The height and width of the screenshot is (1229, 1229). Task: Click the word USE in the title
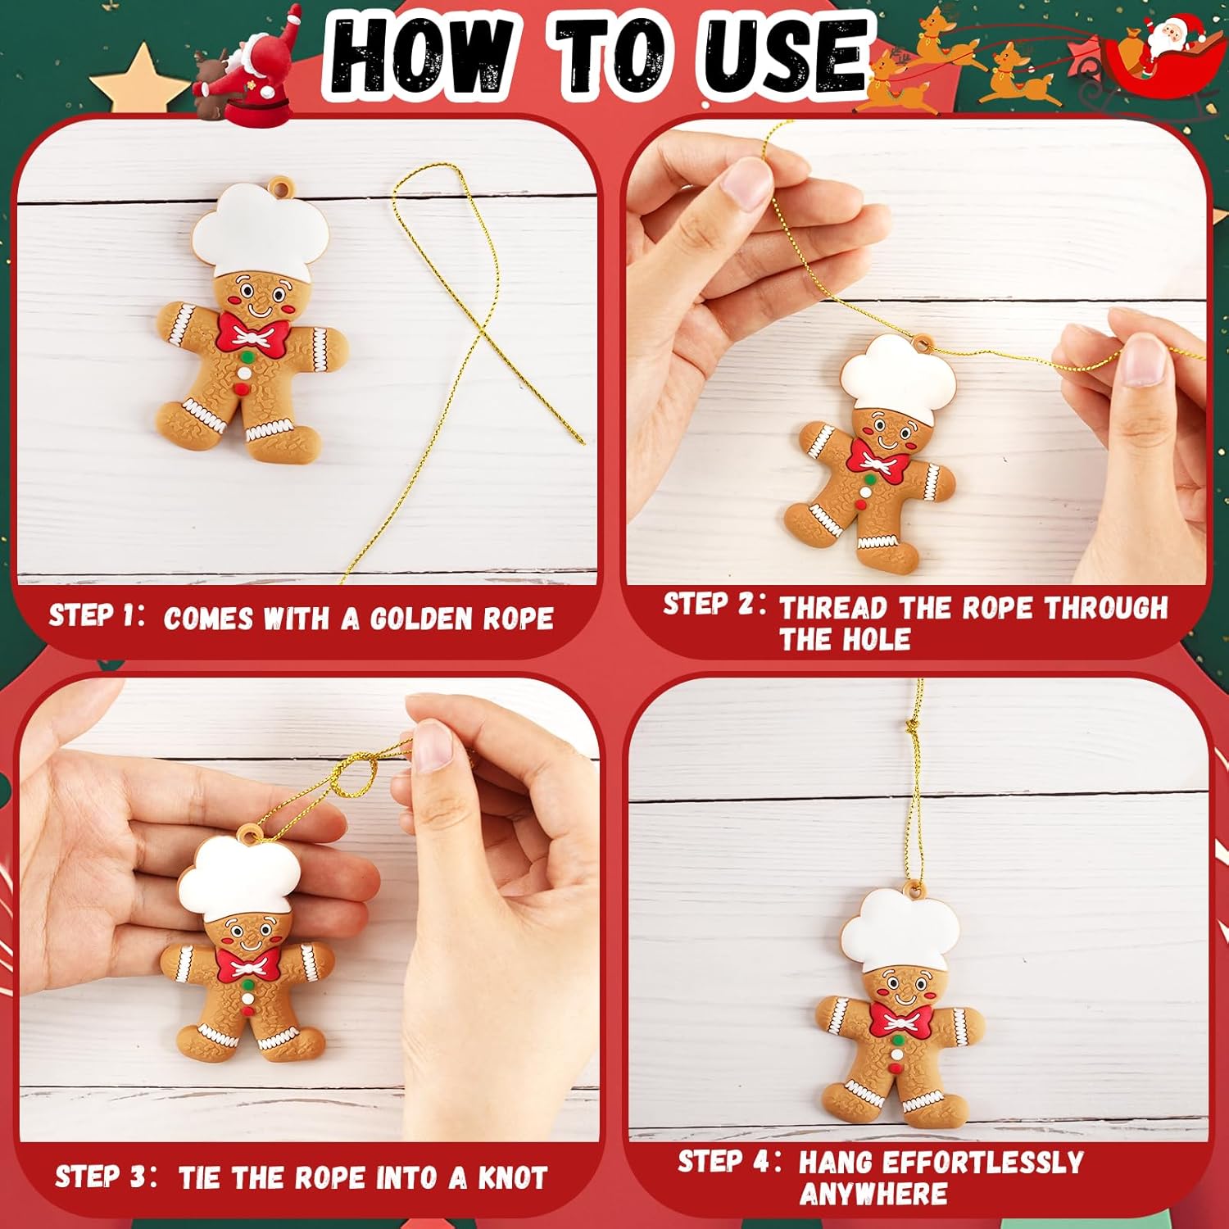coord(782,53)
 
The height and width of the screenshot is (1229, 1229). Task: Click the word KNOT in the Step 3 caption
coord(513,1178)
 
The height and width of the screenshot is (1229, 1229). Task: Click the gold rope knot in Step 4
coord(911,726)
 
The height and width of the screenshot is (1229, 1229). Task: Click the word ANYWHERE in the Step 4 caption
coord(873,1195)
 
